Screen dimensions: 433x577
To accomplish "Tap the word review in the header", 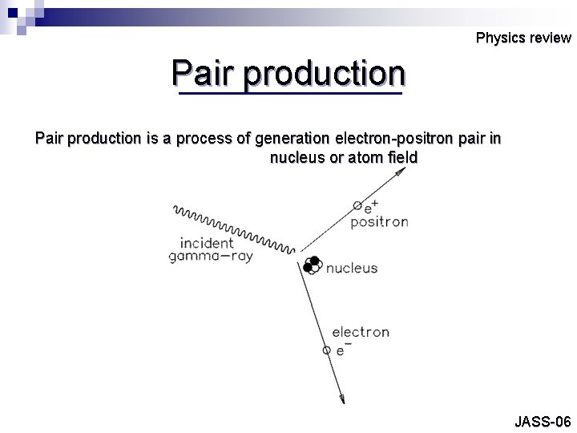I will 549,38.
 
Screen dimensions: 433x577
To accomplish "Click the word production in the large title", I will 325,74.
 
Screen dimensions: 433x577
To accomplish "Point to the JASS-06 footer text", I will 543,421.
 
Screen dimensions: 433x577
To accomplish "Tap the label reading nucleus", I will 352,268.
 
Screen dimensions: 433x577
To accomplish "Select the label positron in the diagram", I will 379,222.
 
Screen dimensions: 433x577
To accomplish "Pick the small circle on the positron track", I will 357,206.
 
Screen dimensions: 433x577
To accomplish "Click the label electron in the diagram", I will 361,332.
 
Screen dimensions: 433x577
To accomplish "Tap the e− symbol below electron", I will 341,350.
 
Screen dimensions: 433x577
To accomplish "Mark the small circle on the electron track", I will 326,350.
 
